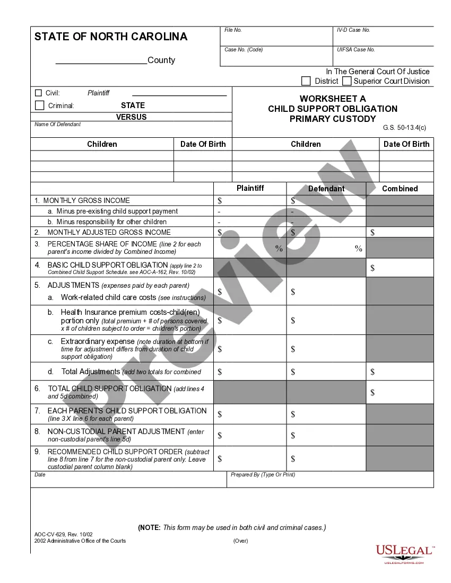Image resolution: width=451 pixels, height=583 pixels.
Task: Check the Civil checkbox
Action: click(38, 93)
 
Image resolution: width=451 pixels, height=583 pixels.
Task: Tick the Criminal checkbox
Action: click(39, 105)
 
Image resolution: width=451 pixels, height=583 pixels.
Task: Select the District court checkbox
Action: click(306, 81)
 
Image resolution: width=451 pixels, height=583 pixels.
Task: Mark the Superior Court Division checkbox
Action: click(347, 81)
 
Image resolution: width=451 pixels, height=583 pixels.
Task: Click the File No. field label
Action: click(233, 30)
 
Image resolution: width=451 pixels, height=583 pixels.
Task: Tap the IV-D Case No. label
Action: click(353, 30)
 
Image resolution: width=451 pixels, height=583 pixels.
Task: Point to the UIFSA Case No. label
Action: click(355, 50)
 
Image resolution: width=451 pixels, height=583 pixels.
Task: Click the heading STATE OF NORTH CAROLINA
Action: click(111, 37)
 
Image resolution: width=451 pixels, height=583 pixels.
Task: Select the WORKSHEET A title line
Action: click(333, 99)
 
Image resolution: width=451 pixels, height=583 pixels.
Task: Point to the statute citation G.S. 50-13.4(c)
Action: click(404, 128)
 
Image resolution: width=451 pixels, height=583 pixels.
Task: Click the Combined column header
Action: click(400, 189)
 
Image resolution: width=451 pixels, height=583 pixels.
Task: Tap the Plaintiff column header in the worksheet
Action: click(250, 188)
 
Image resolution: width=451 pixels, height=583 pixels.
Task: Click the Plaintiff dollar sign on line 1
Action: click(220, 201)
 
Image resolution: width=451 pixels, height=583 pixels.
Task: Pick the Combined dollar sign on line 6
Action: click(372, 393)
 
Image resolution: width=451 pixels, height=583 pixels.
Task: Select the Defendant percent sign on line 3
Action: click(359, 249)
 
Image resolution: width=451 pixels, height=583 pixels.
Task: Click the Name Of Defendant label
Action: click(58, 125)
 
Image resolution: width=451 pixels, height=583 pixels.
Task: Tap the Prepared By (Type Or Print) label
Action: click(263, 475)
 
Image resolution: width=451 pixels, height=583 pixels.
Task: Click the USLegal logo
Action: click(404, 553)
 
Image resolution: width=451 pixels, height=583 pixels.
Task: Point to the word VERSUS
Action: click(132, 117)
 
